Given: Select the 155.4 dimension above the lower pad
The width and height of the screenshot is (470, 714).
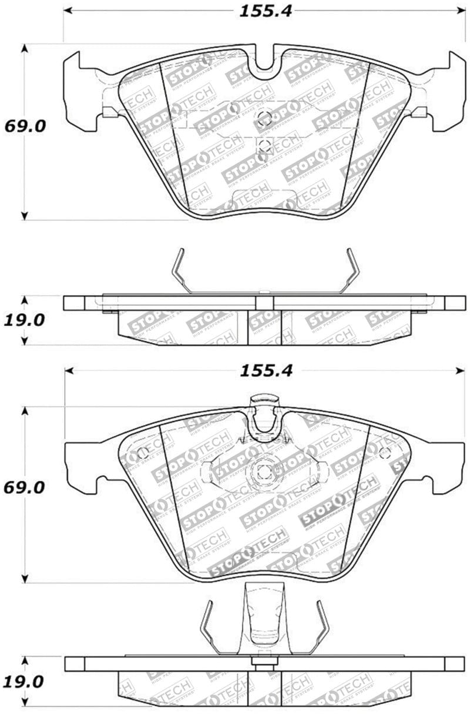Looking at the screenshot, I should click(x=267, y=371).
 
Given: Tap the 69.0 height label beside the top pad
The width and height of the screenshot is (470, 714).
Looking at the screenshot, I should click(x=25, y=126).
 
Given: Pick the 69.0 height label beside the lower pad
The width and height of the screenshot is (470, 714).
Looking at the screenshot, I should click(x=25, y=488).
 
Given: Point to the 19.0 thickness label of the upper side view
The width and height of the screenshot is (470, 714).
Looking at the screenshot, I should click(x=25, y=320).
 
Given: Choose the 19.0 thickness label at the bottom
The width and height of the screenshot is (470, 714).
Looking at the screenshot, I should click(x=25, y=682).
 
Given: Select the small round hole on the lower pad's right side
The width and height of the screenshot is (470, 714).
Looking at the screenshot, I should click(x=385, y=452).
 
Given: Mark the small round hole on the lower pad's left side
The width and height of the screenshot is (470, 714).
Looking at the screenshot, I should click(x=141, y=454).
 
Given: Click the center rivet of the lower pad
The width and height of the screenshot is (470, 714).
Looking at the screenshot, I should click(x=262, y=471).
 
